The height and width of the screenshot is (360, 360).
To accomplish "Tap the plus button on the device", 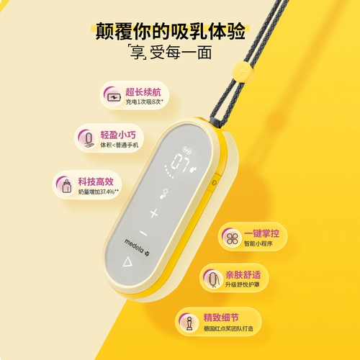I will (x=153, y=213).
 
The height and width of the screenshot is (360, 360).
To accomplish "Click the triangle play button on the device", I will (x=127, y=261).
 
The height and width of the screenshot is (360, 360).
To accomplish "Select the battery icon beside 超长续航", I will (x=113, y=95).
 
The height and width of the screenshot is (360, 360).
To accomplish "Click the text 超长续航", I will (x=140, y=91).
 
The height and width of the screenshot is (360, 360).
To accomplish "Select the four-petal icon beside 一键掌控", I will (x=231, y=238).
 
